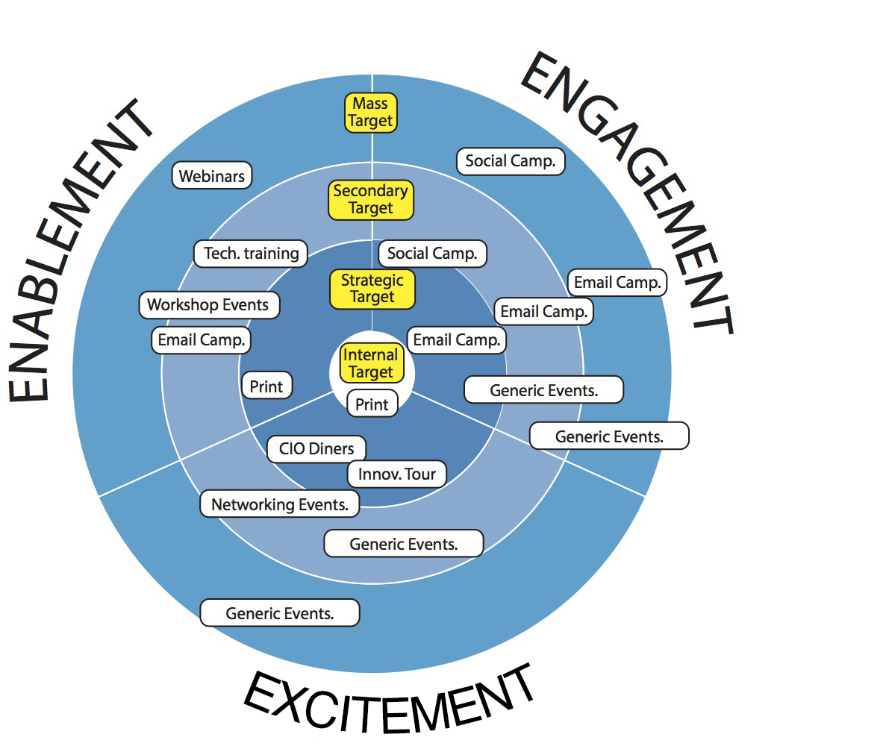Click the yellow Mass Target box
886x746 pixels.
pos(370,113)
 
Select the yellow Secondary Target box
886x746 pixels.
pos(370,200)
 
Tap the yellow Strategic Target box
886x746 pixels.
pos(372,289)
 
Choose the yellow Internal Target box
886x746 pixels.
pos(371,363)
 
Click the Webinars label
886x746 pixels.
pos(212,176)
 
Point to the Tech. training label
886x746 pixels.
pos(251,254)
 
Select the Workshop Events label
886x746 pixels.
pos(208,304)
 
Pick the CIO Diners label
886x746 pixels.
pos(316,449)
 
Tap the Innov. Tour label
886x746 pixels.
pos(397,474)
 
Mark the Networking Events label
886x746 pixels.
pos(279,504)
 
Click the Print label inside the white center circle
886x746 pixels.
pos(372,404)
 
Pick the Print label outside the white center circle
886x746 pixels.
pos(266,386)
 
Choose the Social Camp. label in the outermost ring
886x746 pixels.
pos(510,161)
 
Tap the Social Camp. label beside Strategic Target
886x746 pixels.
pos(432,254)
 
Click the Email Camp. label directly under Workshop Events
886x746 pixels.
pos(200,340)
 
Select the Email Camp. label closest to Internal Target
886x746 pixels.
pos(456,340)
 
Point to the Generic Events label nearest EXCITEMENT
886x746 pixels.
pos(279,614)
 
